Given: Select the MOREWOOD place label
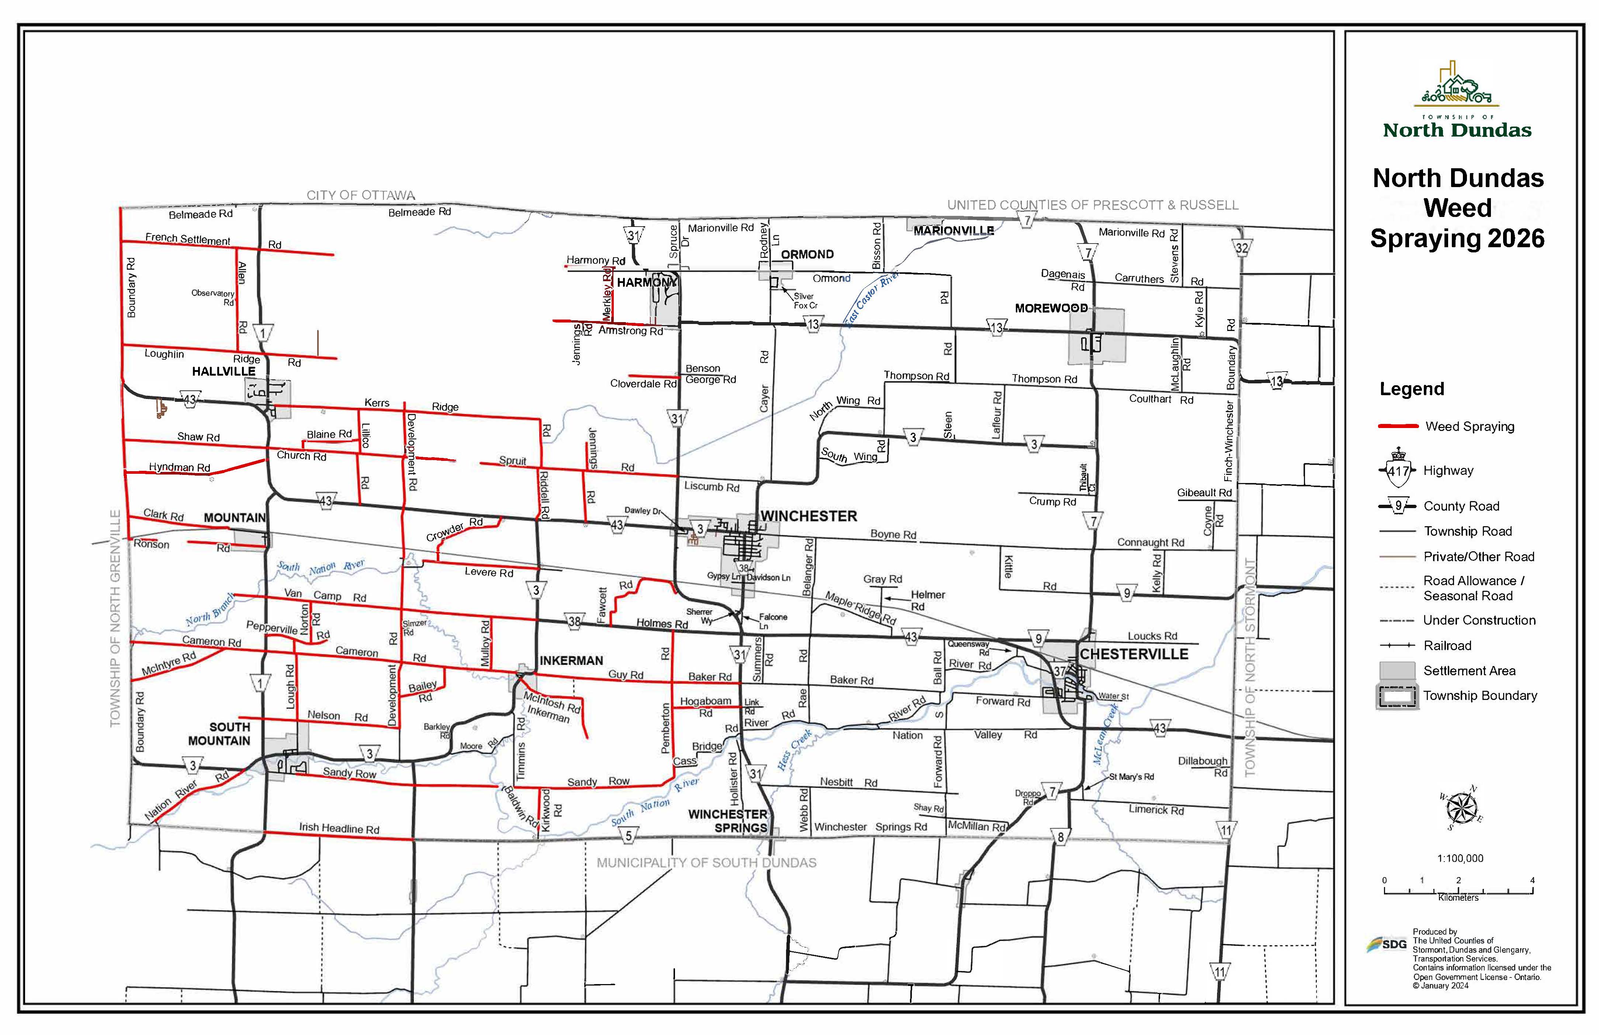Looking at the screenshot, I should point(1051,308).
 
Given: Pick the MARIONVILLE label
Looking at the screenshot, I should point(953,231).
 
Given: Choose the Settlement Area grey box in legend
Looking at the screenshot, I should point(1398,671).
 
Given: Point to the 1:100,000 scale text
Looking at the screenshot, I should point(1460,858).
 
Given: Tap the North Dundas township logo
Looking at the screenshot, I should point(1457,101).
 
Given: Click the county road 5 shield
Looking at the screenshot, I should point(628,836).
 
